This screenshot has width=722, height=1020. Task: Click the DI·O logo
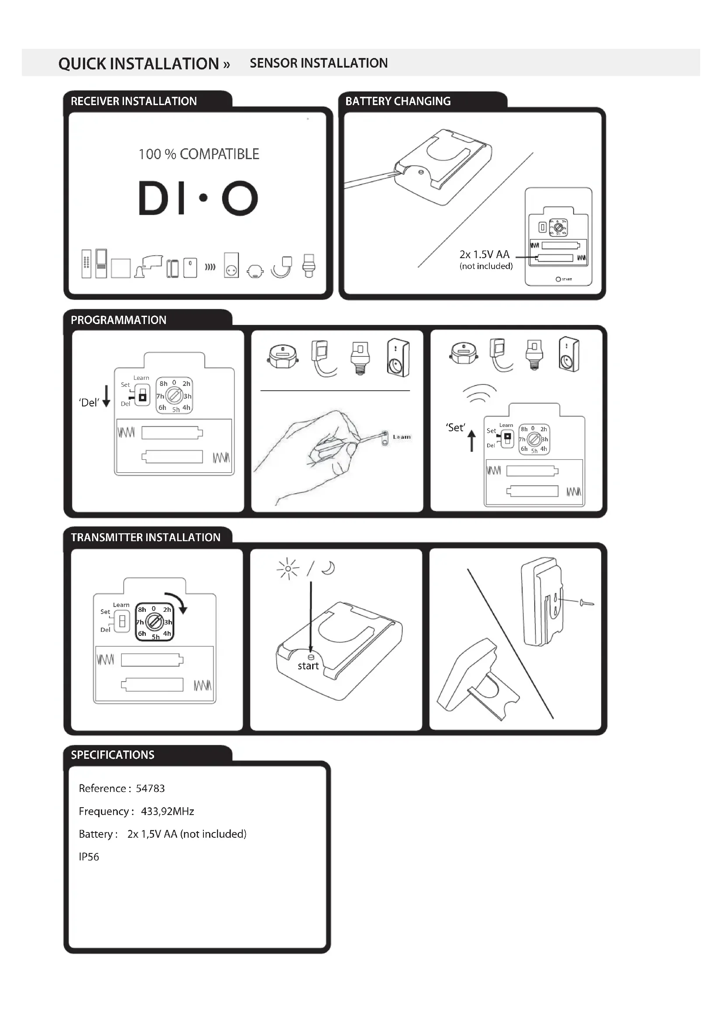(x=198, y=198)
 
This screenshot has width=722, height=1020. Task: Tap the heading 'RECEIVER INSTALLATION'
(x=134, y=101)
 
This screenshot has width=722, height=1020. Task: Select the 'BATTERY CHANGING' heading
(x=398, y=101)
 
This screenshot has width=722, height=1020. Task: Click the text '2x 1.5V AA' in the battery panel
(x=484, y=255)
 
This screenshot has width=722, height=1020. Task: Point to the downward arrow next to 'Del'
(x=106, y=396)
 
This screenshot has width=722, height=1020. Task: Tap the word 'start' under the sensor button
(x=308, y=666)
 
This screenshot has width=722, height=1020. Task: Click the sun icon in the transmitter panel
(x=288, y=569)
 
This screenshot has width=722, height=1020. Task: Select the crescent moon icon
(x=329, y=568)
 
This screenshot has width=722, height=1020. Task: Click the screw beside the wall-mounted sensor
(x=586, y=603)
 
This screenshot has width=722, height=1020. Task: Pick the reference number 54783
(x=150, y=788)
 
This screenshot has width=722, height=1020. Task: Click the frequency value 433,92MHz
(x=168, y=812)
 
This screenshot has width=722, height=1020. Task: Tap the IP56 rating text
(x=89, y=857)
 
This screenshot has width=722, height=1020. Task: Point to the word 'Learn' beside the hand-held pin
(x=402, y=437)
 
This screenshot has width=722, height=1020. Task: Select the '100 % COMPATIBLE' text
(x=199, y=154)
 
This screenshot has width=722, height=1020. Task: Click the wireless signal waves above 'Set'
(x=479, y=393)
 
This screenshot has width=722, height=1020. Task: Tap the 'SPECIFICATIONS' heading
(x=113, y=755)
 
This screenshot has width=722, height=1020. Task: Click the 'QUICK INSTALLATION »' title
(x=144, y=64)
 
